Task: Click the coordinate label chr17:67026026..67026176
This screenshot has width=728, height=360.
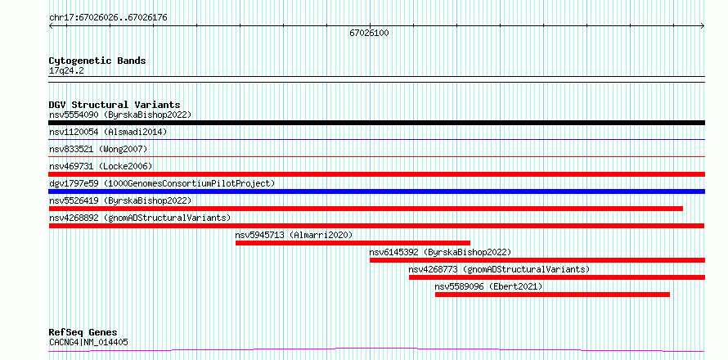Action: pos(108,18)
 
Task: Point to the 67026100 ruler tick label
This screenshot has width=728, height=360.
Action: pos(369,34)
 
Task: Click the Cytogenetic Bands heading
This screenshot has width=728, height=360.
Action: pos(97,61)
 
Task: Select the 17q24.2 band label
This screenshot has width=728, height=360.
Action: pos(66,71)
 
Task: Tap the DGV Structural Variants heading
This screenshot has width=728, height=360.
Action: pos(115,105)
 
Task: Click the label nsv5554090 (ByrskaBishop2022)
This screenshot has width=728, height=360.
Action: pos(120,115)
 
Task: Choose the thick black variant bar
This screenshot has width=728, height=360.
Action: pos(376,123)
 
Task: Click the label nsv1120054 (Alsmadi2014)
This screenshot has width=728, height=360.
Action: pos(108,132)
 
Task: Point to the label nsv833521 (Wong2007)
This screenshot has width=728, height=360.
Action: pos(98,149)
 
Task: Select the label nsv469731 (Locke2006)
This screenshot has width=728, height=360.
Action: pos(101,166)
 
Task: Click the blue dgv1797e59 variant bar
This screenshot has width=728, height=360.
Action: pos(376,191)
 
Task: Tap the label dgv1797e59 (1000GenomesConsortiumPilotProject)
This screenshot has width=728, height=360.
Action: pos(162,183)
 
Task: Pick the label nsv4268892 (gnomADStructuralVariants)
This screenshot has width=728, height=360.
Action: pos(140,218)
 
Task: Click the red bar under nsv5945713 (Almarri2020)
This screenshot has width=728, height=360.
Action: pos(353,243)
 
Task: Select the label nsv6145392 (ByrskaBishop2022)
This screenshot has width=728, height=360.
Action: pos(440,252)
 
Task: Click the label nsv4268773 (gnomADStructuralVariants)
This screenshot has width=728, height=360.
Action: pos(499,269)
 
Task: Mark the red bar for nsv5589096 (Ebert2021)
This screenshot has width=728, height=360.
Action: pos(552,295)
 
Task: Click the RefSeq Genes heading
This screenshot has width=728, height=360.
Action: pos(83,333)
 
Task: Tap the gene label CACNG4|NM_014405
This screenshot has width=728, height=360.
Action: pos(88,343)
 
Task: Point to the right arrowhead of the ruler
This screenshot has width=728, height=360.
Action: pos(703,26)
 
